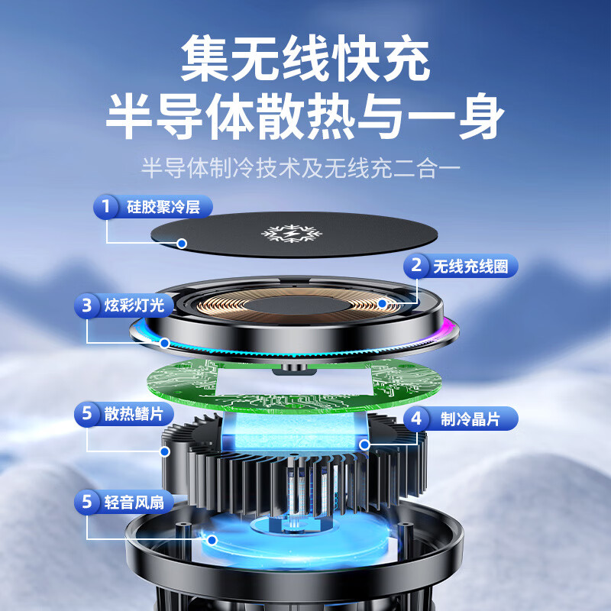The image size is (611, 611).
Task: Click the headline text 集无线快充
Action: pyautogui.click(x=305, y=60)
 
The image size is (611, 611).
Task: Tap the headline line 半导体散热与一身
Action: pyautogui.click(x=305, y=116)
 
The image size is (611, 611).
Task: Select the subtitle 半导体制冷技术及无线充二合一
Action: pyautogui.click(x=305, y=166)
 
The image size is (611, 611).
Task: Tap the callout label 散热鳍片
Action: pyautogui.click(x=133, y=414)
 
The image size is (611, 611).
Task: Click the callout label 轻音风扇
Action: pyautogui.click(x=133, y=502)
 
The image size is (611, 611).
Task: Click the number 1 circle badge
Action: pyautogui.click(x=105, y=206)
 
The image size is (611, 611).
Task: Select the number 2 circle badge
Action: pyautogui.click(x=416, y=266)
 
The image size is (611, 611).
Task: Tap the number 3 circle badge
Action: pyautogui.click(x=87, y=306)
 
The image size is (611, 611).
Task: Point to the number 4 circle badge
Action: pyautogui.click(x=416, y=419)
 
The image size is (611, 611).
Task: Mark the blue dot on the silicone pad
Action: pyautogui.click(x=182, y=244)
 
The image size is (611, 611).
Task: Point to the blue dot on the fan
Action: pyautogui.click(x=211, y=539)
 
